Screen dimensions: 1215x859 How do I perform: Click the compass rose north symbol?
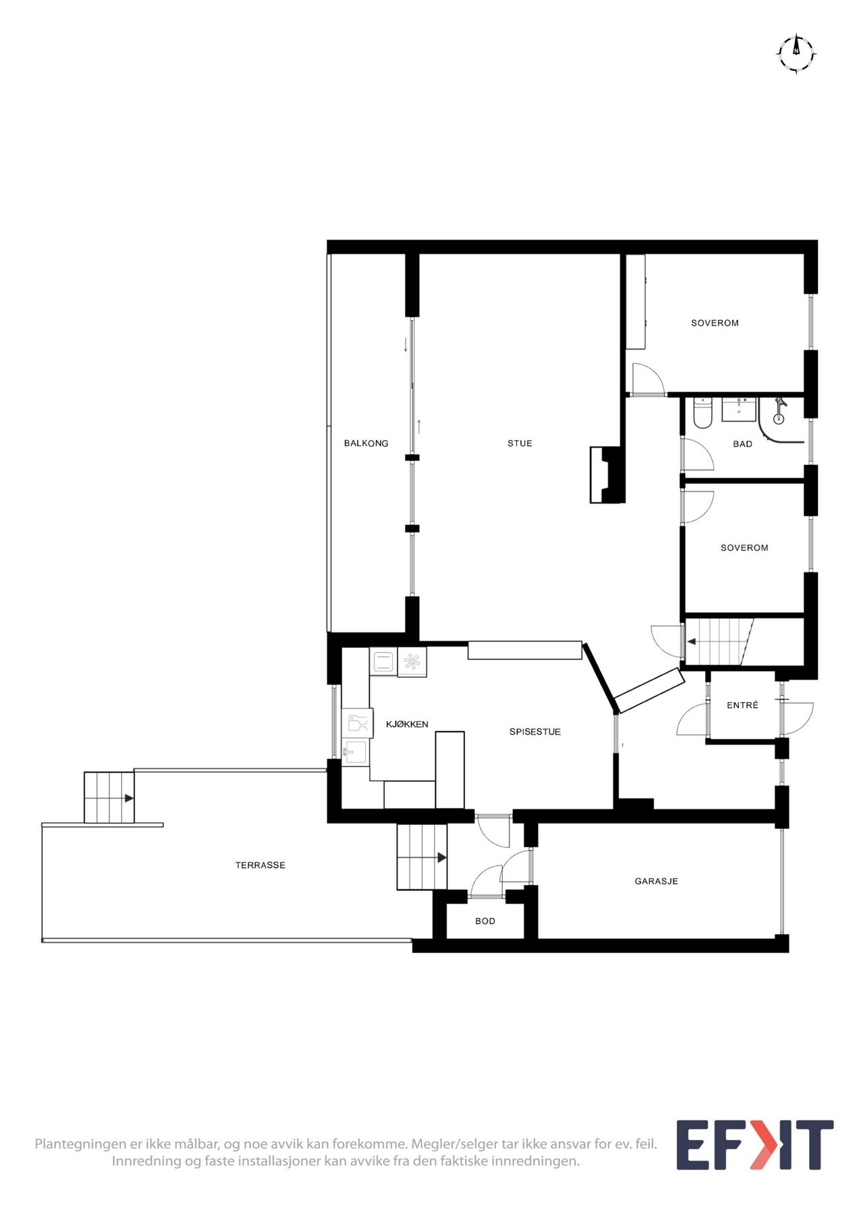point(796,52)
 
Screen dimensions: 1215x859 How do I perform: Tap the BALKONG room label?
point(366,443)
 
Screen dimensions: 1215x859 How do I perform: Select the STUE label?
point(520,443)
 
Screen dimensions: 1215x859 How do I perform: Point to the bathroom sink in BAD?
point(739,410)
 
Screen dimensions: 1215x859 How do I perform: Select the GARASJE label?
point(656,881)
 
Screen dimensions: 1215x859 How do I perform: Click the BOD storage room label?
point(484,921)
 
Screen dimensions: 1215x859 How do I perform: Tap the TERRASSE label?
point(260,865)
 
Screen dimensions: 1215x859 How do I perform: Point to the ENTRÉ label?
point(742,705)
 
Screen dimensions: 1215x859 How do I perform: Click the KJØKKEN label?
point(407,724)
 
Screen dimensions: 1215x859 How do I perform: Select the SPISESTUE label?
point(534,732)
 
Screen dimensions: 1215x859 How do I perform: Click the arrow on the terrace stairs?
point(128,798)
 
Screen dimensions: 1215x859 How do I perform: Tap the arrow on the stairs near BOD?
point(441,858)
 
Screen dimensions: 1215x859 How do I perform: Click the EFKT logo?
point(754,1145)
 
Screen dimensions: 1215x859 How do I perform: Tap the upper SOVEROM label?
point(715,323)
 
